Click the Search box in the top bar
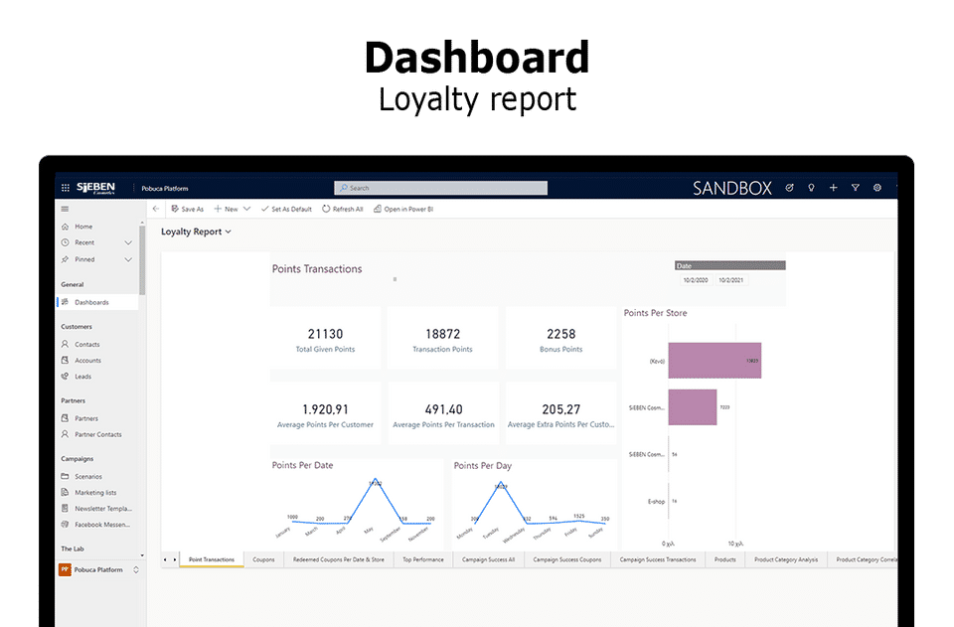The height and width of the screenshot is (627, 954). (440, 188)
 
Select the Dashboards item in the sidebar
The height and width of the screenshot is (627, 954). (91, 302)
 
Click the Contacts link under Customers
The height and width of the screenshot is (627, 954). (87, 345)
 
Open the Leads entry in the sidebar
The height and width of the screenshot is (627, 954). (82, 377)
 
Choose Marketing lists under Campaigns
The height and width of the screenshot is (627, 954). (95, 493)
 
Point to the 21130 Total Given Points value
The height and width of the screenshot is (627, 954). (325, 334)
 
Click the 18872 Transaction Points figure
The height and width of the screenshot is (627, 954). (442, 334)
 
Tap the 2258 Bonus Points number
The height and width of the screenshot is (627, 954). (560, 334)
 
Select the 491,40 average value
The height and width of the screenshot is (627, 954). (443, 409)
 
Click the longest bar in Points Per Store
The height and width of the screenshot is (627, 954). (714, 361)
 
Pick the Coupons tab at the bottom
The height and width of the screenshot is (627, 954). (263, 559)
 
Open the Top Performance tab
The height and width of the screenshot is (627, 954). (423, 559)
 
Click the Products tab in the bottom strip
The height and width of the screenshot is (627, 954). (724, 559)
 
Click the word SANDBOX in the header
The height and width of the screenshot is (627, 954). (731, 188)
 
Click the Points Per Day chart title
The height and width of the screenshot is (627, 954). (483, 465)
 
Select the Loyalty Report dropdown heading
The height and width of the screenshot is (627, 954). (196, 232)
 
